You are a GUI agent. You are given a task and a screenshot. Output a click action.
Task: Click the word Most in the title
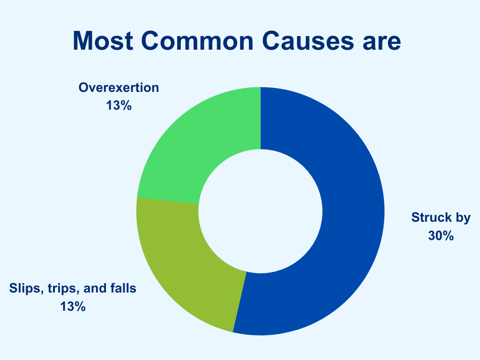pos(103,40)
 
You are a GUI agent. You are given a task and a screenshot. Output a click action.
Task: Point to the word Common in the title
pos(197,40)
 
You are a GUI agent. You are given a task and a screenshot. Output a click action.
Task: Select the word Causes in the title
pos(308,40)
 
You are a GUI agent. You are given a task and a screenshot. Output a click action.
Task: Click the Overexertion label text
pos(119,88)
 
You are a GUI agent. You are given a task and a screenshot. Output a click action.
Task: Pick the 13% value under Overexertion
pos(119,105)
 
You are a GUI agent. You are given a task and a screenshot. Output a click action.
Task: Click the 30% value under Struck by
pos(441,236)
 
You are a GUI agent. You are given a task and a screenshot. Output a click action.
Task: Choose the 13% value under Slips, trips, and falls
pos(73,307)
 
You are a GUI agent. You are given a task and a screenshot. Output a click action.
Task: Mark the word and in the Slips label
pos(95,288)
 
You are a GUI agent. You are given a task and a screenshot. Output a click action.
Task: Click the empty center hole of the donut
pos(261,211)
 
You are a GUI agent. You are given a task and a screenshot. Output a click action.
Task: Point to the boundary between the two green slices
pos(168,201)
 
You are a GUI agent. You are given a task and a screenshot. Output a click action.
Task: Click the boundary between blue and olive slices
pos(240,302)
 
